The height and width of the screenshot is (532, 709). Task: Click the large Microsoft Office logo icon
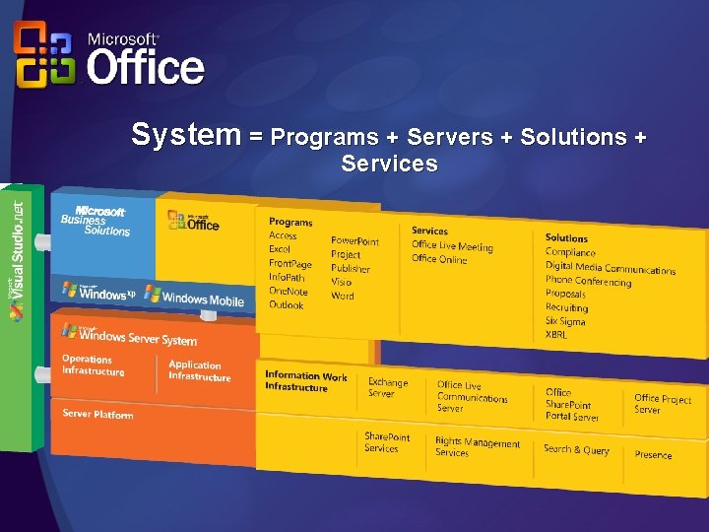42,55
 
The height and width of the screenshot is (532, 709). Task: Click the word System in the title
185,135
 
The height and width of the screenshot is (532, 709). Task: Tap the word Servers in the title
449,137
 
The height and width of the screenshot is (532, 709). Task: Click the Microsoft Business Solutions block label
95,220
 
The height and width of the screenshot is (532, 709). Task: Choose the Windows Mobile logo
194,296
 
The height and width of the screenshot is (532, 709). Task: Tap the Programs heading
290,222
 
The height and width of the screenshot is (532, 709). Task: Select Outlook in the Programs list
287,305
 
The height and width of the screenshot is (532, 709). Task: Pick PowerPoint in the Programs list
354,240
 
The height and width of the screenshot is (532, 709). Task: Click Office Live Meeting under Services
452,246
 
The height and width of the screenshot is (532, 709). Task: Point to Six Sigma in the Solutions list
565,321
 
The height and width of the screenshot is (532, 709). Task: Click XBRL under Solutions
556,335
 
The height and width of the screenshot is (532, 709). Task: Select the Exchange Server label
387,388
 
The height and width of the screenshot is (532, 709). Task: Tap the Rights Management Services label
477,447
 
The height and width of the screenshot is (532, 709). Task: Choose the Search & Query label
576,449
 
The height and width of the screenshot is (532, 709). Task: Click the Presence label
653,455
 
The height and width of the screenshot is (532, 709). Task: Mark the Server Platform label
97,415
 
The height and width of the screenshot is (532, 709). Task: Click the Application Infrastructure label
199,370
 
